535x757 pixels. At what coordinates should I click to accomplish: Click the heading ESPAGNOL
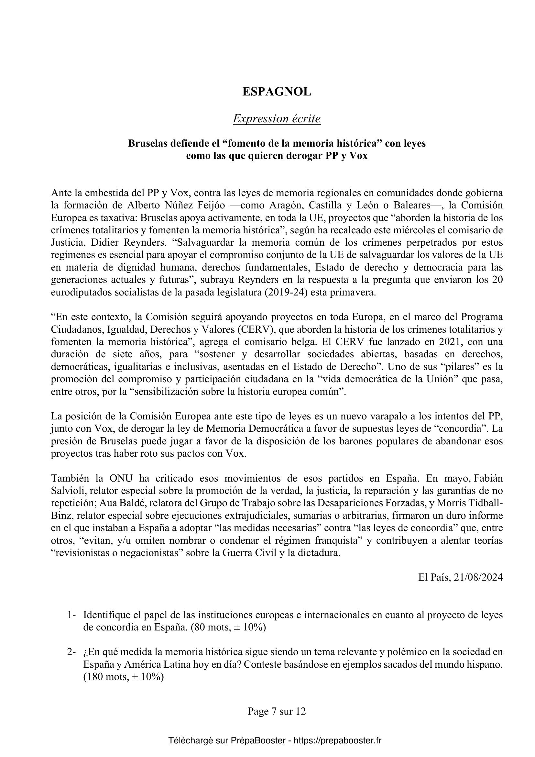coord(277,92)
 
